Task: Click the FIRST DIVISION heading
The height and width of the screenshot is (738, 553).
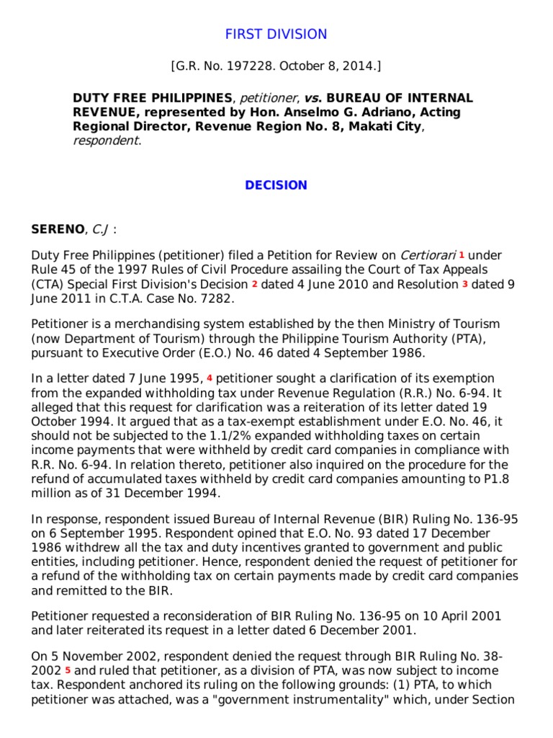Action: (x=276, y=34)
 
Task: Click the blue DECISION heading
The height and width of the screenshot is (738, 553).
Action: (x=276, y=185)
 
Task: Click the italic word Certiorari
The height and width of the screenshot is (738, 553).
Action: (x=426, y=255)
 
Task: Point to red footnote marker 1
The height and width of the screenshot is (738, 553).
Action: (x=462, y=254)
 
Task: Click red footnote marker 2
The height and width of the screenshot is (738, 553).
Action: (x=254, y=283)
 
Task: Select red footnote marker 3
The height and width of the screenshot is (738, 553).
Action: (x=464, y=283)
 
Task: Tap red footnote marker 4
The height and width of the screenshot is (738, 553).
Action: (x=210, y=377)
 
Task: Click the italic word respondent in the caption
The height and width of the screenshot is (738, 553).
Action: (x=106, y=141)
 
